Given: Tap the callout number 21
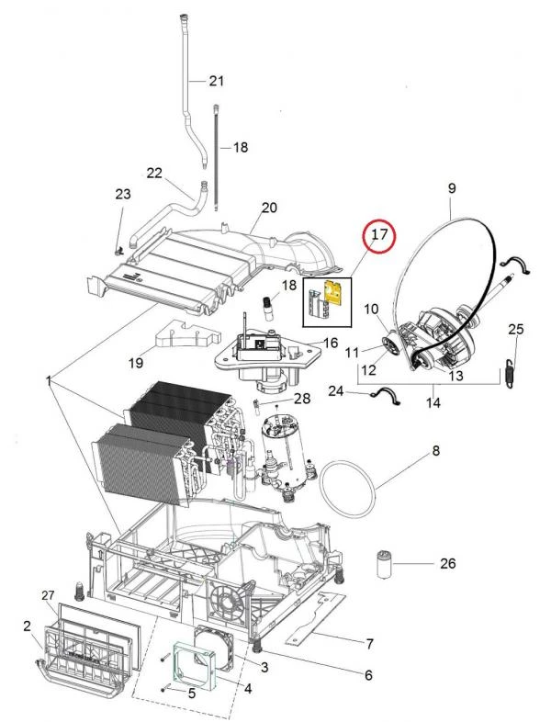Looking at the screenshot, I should [x=216, y=82].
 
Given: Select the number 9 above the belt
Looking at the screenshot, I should [x=451, y=187].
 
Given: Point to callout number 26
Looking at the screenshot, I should [x=447, y=563].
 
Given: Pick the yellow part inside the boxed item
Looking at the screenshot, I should [x=338, y=295].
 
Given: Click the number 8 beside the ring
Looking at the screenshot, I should [x=436, y=450].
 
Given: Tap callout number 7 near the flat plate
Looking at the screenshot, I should [x=369, y=642].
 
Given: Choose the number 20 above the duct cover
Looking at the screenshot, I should [x=268, y=208].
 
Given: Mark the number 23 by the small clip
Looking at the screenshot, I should [x=123, y=194].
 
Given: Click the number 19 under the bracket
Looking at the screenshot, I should [x=135, y=363].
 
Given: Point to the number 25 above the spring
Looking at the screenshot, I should [x=516, y=329].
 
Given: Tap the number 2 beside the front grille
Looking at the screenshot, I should [x=27, y=626].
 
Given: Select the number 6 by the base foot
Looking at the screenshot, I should [x=367, y=675].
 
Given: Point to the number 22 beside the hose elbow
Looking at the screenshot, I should [x=154, y=173].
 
